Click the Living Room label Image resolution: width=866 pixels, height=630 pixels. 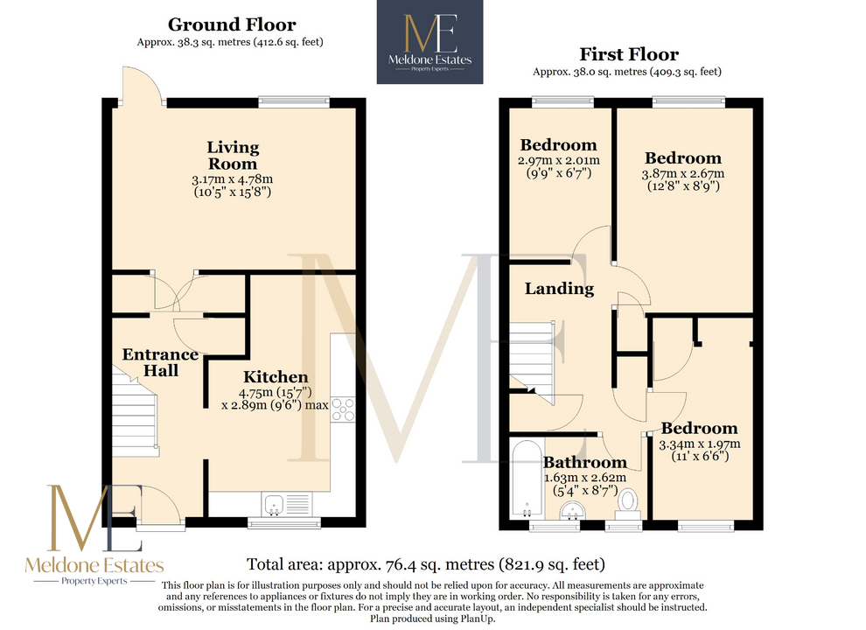[233, 155]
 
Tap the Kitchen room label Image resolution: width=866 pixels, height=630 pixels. [276, 377]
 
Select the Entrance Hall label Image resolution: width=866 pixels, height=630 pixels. [160, 362]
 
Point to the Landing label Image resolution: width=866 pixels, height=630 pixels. [560, 289]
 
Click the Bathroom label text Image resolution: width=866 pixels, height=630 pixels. [585, 462]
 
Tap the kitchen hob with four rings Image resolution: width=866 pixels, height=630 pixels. [342, 410]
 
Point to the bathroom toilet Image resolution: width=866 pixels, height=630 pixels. [627, 504]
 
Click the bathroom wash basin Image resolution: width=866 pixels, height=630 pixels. [572, 510]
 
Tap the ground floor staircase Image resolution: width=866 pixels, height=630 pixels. [136, 411]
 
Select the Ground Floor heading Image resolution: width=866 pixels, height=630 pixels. [232, 24]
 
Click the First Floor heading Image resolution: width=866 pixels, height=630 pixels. [629, 54]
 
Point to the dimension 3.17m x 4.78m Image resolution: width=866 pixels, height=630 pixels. [233, 179]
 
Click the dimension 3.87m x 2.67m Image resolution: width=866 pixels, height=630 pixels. [682, 173]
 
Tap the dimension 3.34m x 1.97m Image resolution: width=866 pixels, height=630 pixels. [700, 444]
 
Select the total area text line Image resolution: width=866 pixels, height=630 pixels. [426, 564]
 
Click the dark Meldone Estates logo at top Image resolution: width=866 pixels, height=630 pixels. [430, 42]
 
